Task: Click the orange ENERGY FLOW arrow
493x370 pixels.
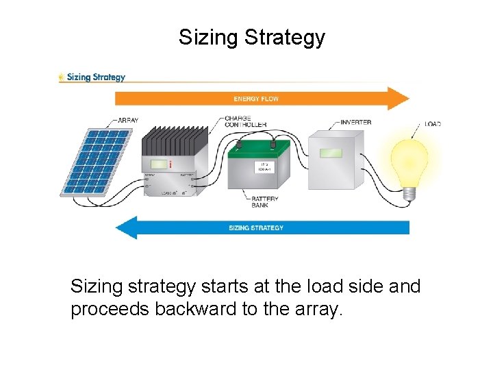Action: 260,99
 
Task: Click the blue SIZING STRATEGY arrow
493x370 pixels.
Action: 260,227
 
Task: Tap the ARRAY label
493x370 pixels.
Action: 127,121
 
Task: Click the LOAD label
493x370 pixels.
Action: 433,124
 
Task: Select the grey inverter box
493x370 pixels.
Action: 336,161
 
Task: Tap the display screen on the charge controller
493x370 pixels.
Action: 160,165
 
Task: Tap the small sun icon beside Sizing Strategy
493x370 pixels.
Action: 62,77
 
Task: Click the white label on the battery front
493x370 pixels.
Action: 263,166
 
